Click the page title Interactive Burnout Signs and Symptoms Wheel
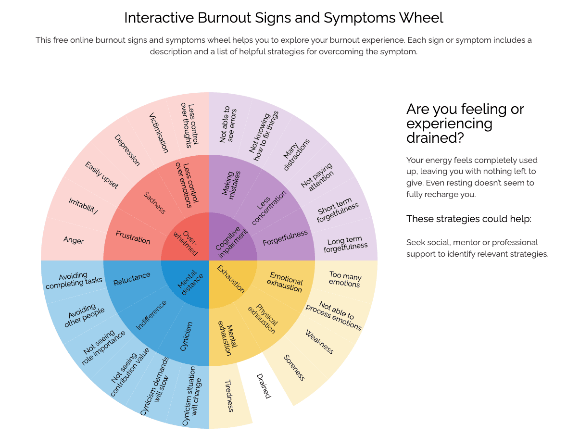(x=283, y=18)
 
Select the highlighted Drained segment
(x=263, y=386)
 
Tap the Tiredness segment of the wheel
(x=229, y=396)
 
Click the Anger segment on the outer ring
(x=74, y=240)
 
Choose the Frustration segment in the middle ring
(x=133, y=237)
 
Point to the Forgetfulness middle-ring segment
(x=285, y=238)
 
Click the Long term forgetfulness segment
(x=345, y=244)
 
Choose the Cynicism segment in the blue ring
(x=186, y=336)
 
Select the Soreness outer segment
(x=294, y=367)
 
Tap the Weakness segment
(x=319, y=342)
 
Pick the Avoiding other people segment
(x=84, y=315)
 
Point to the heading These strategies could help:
(x=468, y=219)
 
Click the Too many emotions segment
(x=345, y=279)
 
